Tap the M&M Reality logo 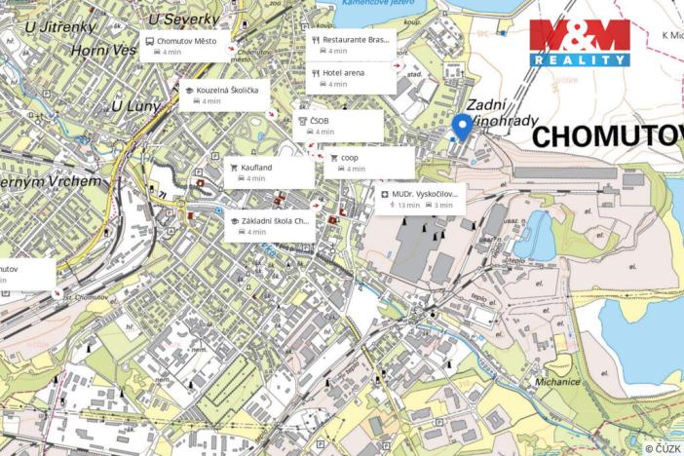[579, 43]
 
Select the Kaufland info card [269, 172]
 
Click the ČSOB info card [338, 125]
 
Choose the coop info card [367, 162]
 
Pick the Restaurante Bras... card [351, 45]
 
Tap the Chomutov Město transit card [185, 45]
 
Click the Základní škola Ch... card [270, 226]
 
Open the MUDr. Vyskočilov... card [419, 199]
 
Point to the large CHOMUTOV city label [607, 136]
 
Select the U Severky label [183, 19]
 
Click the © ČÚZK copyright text [663, 447]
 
